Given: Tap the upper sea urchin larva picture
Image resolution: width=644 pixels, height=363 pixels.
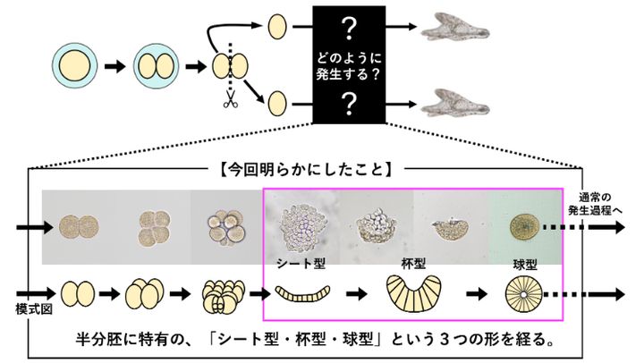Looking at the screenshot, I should coord(457,25).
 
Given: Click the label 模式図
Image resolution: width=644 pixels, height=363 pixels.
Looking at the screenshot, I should coord(30,307).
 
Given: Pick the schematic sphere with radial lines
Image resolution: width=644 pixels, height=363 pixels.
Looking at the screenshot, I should coord(522,293).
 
